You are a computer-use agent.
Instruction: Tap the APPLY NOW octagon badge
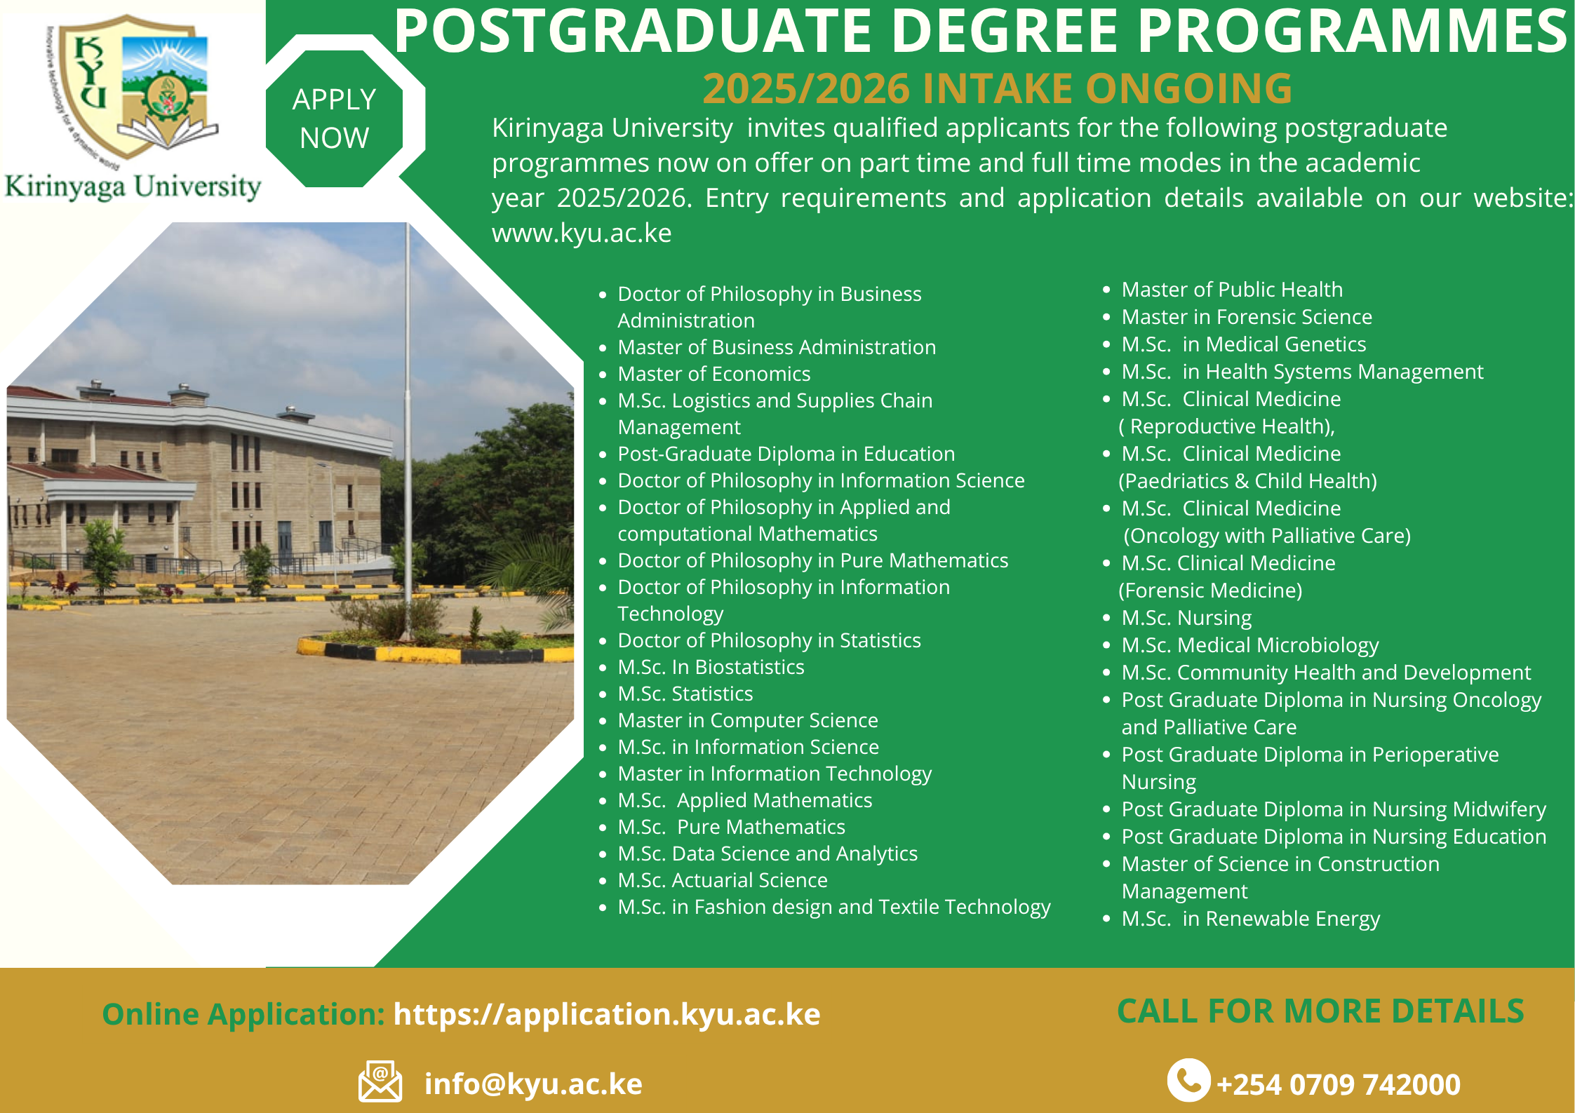pyautogui.click(x=335, y=119)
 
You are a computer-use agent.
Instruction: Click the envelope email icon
pyautogui.click(x=380, y=1081)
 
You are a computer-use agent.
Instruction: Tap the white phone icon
pyautogui.click(x=1188, y=1080)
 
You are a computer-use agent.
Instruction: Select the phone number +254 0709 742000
pyautogui.click(x=1339, y=1084)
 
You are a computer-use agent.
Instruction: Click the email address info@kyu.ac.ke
pyautogui.click(x=533, y=1084)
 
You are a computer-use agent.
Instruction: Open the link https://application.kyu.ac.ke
pyautogui.click(x=607, y=1014)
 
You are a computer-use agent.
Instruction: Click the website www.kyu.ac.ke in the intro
pyautogui.click(x=582, y=233)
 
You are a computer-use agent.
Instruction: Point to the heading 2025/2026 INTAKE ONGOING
pyautogui.click(x=998, y=88)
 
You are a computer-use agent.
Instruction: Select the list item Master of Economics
pyautogui.click(x=714, y=374)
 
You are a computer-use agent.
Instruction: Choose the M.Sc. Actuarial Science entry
pyautogui.click(x=723, y=880)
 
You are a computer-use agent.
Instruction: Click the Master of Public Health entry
pyautogui.click(x=1232, y=289)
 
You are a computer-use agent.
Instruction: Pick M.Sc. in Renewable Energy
pyautogui.click(x=1251, y=919)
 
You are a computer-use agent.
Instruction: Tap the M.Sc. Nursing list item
pyautogui.click(x=1186, y=618)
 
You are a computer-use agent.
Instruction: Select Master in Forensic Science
pyautogui.click(x=1247, y=317)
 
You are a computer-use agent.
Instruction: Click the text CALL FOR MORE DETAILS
pyautogui.click(x=1320, y=1011)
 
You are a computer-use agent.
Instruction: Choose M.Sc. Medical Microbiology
pyautogui.click(x=1250, y=645)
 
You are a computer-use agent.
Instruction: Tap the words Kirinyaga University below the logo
pyautogui.click(x=133, y=187)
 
